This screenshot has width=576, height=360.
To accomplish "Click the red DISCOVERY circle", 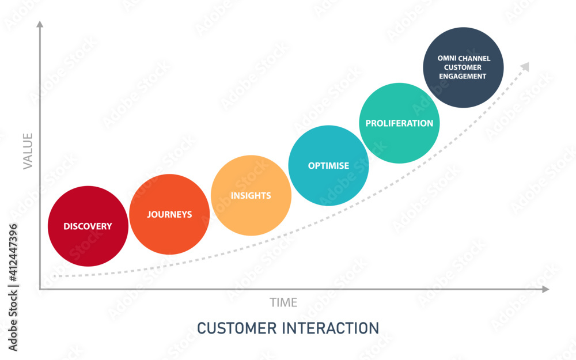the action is point(88,226).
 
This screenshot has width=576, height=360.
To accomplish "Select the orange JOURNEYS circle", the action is point(169,214).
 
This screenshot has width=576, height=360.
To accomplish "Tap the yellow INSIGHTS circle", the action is point(251,195).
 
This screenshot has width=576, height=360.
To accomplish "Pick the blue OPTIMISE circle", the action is point(328,166).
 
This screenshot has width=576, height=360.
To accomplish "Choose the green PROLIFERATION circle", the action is point(399,123).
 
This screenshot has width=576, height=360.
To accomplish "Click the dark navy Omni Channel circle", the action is point(463,67).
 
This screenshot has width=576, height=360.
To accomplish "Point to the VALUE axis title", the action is point(28,151).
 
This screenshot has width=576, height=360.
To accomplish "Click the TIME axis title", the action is point(283,302).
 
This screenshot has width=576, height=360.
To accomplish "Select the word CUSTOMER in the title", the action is point(237,328).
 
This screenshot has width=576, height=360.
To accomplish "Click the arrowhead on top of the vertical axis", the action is point(40,24).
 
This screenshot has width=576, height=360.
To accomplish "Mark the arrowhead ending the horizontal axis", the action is point(545,289).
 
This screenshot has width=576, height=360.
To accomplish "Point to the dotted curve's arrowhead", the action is point(525,67).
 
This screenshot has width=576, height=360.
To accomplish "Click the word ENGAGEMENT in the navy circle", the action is point(463,77).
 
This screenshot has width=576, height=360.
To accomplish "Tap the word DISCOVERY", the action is point(88,226).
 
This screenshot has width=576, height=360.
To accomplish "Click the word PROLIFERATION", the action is point(399,123).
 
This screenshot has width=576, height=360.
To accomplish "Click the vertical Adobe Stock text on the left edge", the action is point(13,320).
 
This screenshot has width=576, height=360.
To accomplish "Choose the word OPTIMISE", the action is point(328,166).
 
